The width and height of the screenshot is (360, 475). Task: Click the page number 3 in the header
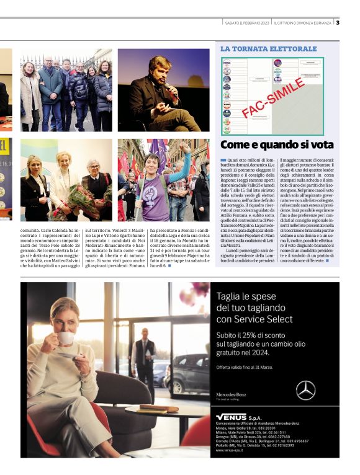pyautogui.click(x=338, y=23)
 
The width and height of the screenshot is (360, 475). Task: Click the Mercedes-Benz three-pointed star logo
pyautogui.click(x=305, y=390)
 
